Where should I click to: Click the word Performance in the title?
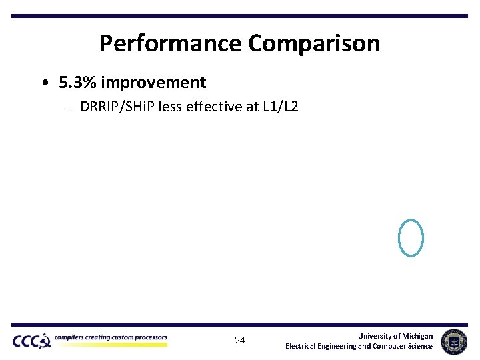tap(171, 44)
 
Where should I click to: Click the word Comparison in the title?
tap(314, 44)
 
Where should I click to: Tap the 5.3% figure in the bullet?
tap(77, 83)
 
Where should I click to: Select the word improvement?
tap(153, 83)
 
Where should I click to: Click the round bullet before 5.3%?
tap(43, 83)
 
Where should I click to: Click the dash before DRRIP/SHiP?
tap(69, 107)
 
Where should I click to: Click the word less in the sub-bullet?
tap(184, 107)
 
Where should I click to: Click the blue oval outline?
tap(410, 237)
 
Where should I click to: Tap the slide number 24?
tap(240, 341)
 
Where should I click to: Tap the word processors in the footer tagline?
tap(149, 337)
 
